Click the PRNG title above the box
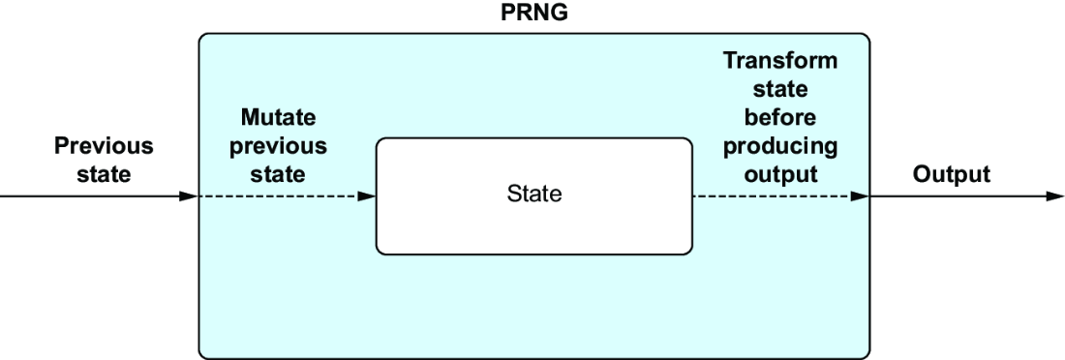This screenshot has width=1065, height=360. (533, 13)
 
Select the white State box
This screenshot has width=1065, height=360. (533, 196)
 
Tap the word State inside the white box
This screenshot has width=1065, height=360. (533, 195)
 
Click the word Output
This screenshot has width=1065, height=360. (951, 174)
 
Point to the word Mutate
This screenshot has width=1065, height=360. (278, 117)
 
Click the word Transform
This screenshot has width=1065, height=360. (779, 60)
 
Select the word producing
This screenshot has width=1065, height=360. (779, 146)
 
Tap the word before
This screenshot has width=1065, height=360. (779, 117)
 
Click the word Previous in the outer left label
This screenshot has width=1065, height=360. (104, 146)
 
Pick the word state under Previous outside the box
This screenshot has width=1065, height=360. (104, 174)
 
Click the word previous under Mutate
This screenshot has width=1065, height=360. (278, 146)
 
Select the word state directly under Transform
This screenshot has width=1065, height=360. (779, 89)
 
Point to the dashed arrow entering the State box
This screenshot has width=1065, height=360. (287, 196)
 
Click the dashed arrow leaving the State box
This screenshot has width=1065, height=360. (781, 196)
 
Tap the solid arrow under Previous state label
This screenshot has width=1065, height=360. (99, 196)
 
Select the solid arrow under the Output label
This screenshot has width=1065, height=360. (967, 196)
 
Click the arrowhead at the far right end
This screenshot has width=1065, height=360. (1055, 196)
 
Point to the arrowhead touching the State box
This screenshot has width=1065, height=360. (367, 196)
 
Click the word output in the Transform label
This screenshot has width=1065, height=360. (779, 174)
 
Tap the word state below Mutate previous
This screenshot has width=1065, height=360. (278, 174)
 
